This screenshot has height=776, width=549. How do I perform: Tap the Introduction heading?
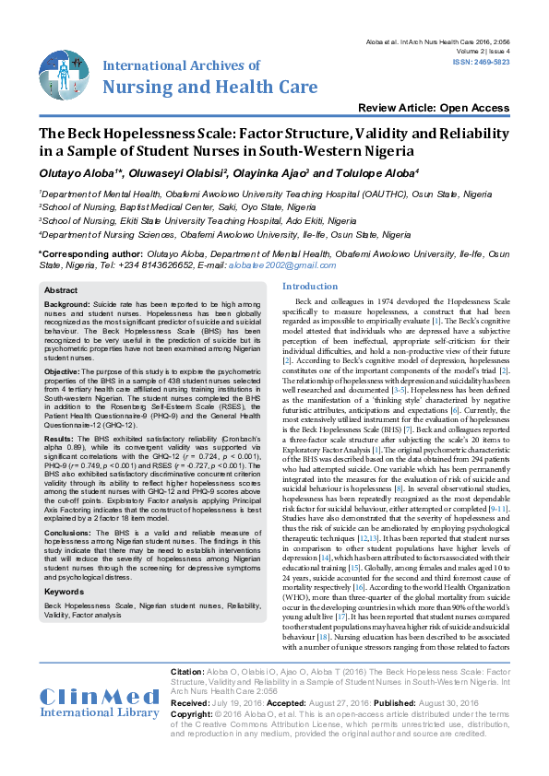coord(309,288)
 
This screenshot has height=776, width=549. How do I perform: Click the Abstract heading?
coord(63,290)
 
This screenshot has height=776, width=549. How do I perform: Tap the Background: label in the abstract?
coord(67,303)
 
